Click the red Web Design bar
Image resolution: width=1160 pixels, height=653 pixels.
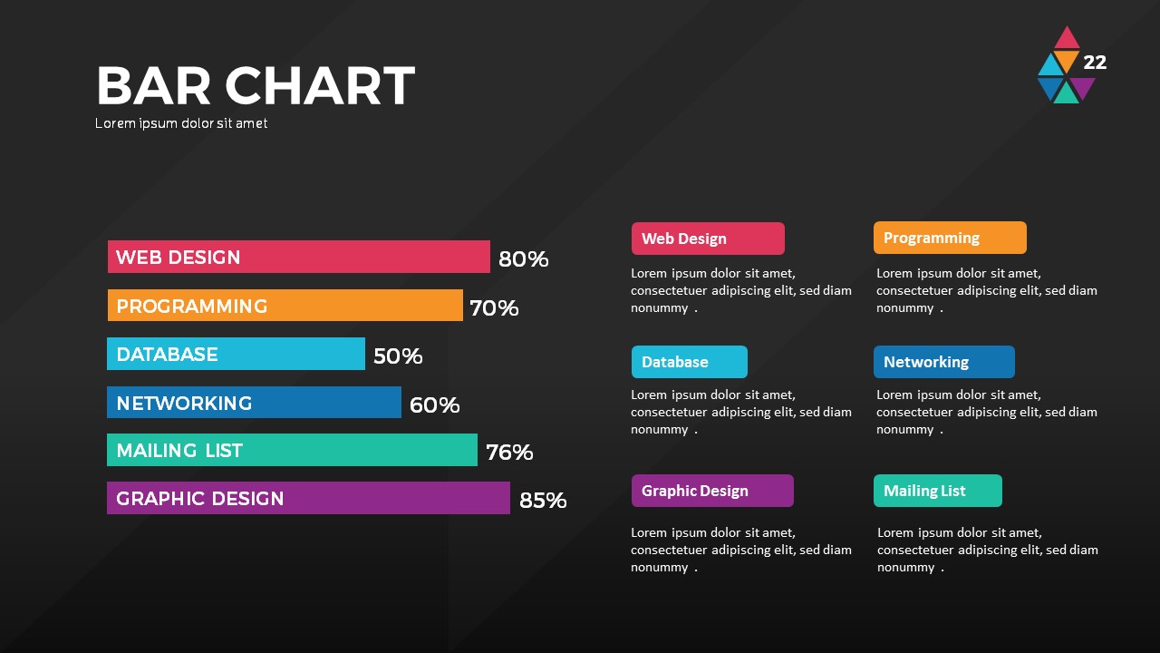coord(298,257)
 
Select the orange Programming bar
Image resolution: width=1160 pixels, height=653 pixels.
coord(285,306)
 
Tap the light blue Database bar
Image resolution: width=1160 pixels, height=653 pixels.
coord(236,354)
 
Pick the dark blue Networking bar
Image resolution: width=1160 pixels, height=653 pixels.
coord(254,403)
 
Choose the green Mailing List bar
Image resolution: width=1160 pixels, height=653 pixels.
coord(292,450)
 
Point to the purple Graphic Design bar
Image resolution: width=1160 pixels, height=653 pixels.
coord(308,498)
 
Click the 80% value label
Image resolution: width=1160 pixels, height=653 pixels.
coord(524,259)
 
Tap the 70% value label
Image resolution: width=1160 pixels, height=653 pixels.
coord(494,308)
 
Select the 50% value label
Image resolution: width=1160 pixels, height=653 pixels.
coord(398,356)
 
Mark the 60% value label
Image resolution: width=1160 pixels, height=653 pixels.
coord(434,405)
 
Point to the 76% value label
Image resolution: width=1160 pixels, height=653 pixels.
coord(509,453)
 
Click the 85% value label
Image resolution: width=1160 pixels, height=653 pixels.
coord(543,500)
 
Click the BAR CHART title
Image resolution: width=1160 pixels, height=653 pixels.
coord(255,86)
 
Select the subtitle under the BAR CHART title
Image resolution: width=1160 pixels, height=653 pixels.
coord(181,123)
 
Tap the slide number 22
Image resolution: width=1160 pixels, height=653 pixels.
coord(1095,63)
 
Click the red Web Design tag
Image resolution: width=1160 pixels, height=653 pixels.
coord(708,239)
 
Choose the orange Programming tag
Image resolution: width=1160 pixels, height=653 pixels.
coord(950,238)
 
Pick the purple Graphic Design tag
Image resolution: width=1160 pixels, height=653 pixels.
coord(712,491)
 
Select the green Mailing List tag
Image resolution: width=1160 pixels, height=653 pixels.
coord(938,491)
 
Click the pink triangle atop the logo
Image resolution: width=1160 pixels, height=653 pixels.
coord(1067,39)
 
